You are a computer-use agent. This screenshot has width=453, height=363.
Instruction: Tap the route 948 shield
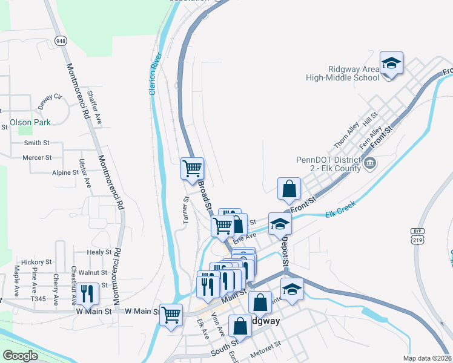click(x=61, y=41)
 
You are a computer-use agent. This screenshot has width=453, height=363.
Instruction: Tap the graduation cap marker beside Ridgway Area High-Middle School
click(x=391, y=64)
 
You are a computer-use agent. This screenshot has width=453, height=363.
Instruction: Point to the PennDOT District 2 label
click(x=328, y=164)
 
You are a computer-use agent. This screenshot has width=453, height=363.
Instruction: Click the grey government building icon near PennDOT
click(x=370, y=163)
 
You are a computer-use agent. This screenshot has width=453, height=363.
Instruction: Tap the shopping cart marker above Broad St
click(x=193, y=169)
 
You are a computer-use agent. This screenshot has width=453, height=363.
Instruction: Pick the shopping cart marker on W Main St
click(x=171, y=315)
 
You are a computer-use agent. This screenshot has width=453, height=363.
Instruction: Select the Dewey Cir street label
click(x=50, y=101)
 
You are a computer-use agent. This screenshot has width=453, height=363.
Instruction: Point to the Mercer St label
click(x=37, y=157)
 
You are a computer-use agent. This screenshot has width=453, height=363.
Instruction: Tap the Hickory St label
click(x=33, y=262)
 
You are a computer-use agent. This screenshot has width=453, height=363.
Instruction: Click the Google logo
click(x=20, y=356)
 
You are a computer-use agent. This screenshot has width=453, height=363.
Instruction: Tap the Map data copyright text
click(x=428, y=358)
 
